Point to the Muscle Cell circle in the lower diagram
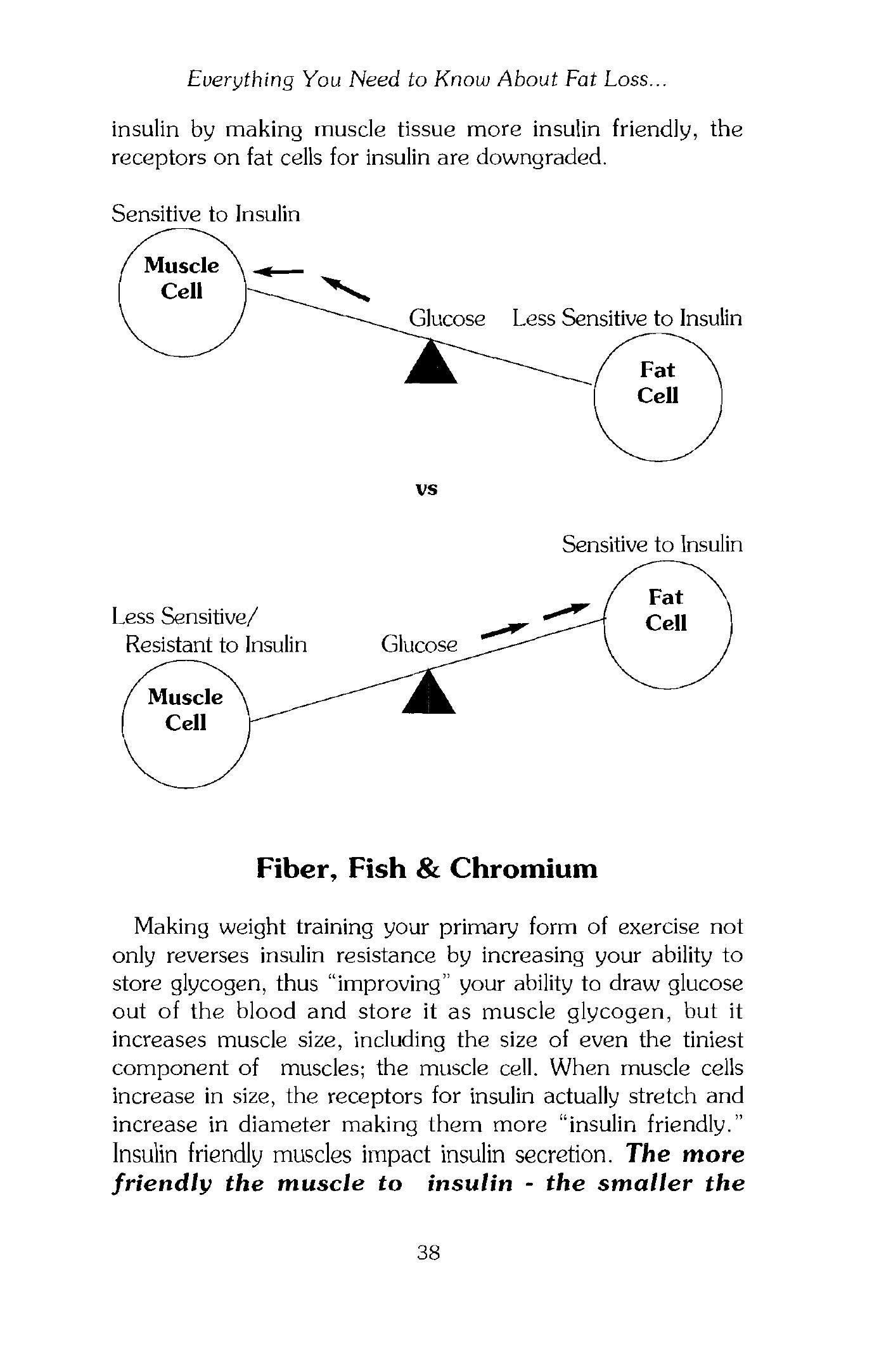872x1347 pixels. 186,724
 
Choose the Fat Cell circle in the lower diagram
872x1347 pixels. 668,624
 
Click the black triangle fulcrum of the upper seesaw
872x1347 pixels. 431,364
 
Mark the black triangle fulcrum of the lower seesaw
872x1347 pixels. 429,695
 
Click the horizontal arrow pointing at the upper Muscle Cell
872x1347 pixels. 278,271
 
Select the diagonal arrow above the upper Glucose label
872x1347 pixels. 345,288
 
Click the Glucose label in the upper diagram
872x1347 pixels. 447,318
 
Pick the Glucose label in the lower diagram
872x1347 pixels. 419,645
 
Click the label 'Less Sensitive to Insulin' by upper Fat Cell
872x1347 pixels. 627,318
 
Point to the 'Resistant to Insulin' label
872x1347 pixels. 216,645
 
